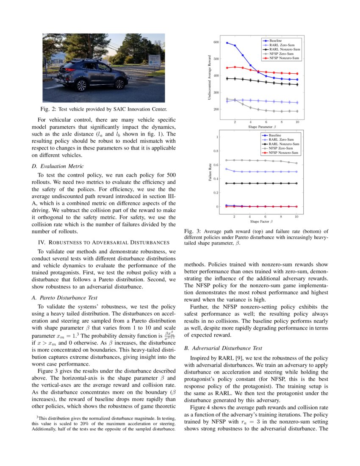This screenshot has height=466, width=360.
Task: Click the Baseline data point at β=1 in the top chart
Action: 227,43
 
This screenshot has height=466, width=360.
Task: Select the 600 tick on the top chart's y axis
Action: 216,42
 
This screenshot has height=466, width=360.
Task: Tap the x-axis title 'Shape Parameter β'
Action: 263,127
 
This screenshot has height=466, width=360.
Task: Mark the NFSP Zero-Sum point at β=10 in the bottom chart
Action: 296,163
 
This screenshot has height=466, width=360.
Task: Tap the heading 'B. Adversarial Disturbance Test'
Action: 224,348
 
